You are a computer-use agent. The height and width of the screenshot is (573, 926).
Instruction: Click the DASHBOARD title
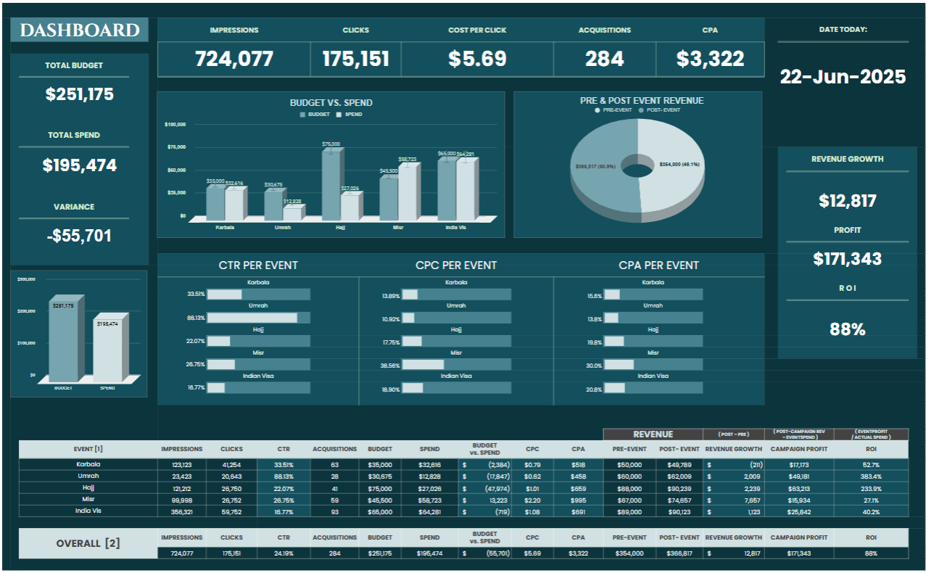tap(79, 30)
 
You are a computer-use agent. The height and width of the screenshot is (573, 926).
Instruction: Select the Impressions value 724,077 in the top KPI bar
tap(233, 59)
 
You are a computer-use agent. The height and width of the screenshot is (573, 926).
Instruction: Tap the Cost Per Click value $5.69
tap(476, 59)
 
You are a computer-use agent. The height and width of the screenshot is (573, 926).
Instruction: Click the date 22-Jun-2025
tap(843, 77)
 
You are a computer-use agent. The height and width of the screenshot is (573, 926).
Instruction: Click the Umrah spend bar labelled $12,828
tap(292, 213)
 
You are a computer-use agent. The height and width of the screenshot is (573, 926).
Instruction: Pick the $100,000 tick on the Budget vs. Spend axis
tap(175, 125)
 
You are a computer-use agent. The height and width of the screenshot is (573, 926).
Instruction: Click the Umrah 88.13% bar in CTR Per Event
tap(252, 318)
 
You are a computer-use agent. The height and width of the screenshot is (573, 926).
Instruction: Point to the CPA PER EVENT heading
tap(658, 265)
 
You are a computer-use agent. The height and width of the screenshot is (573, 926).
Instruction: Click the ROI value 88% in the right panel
tap(847, 329)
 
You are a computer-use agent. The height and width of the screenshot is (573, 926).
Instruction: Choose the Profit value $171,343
tap(847, 259)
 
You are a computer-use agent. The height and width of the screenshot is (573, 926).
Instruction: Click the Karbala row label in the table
tap(88, 464)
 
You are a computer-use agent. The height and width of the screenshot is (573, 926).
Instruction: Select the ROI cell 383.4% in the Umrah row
tap(871, 477)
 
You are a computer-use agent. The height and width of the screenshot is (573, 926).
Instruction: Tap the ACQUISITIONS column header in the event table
tap(334, 449)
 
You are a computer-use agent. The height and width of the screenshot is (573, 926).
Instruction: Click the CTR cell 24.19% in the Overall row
tap(284, 553)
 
